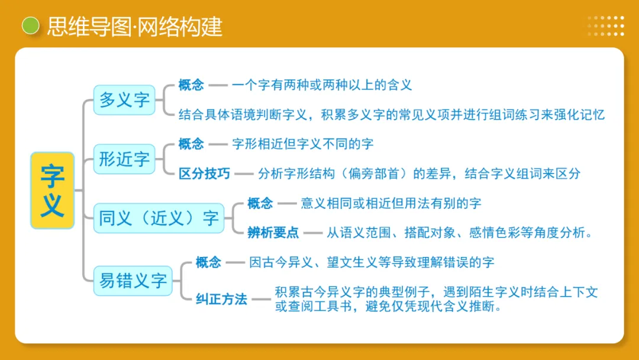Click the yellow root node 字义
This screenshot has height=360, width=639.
click(x=52, y=190)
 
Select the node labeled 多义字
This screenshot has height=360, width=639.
click(x=124, y=99)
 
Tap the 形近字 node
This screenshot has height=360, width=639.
click(x=124, y=159)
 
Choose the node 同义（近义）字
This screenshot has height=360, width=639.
click(x=159, y=218)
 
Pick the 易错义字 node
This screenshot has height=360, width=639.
click(x=133, y=280)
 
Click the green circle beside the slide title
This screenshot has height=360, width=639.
click(x=30, y=26)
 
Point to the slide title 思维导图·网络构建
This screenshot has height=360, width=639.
click(x=134, y=27)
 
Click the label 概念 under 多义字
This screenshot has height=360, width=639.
click(x=191, y=85)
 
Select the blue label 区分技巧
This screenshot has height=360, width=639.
click(x=204, y=173)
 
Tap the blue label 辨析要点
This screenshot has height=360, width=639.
click(x=273, y=232)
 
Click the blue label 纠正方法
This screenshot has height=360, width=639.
click(x=221, y=299)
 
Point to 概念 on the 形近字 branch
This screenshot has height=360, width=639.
click(x=191, y=144)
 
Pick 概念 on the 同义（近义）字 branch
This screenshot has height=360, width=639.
click(x=260, y=203)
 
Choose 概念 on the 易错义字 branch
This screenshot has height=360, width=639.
click(x=208, y=262)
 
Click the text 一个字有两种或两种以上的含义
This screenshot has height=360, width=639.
click(x=321, y=85)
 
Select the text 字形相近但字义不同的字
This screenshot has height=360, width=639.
click(x=302, y=144)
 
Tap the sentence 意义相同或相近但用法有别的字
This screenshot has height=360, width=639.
click(x=390, y=203)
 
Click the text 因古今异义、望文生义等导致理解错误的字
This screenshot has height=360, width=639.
click(x=371, y=262)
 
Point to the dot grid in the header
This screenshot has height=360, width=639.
click(x=605, y=26)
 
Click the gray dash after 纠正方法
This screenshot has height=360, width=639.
click(x=261, y=299)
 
